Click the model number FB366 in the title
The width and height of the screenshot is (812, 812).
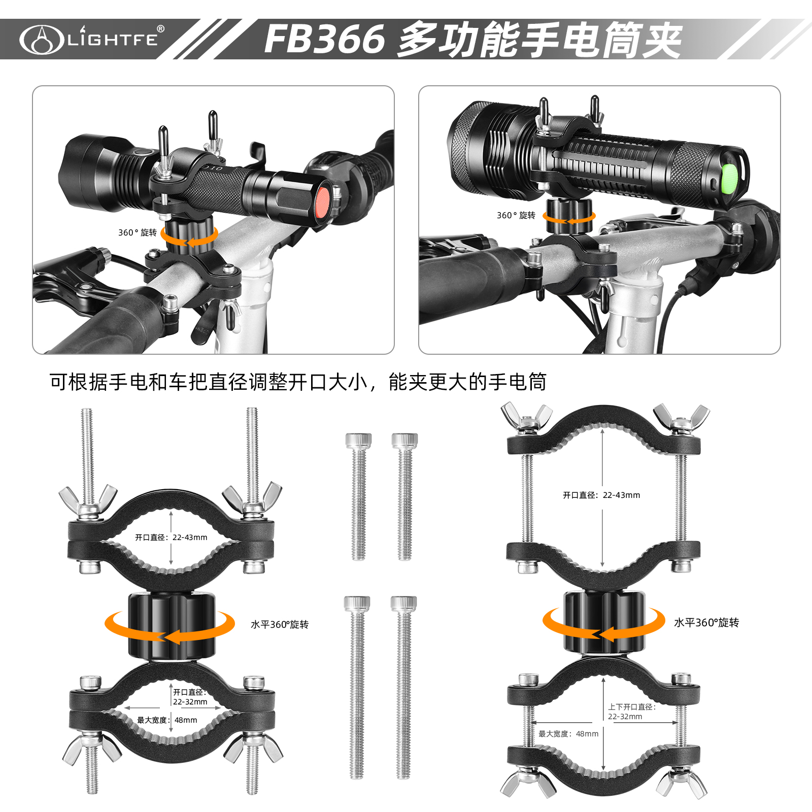click(325, 39)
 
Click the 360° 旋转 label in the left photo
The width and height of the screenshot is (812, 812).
click(138, 232)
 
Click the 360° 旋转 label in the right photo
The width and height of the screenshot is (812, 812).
click(516, 215)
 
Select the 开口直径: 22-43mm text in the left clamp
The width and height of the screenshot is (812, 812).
click(171, 537)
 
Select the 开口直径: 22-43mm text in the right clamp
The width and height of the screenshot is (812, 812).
click(601, 495)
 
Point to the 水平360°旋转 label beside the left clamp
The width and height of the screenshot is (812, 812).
click(280, 624)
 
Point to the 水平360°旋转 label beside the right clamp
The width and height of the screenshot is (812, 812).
click(706, 623)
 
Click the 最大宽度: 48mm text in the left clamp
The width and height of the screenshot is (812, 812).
click(167, 720)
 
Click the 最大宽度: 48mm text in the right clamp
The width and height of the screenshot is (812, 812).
click(568, 733)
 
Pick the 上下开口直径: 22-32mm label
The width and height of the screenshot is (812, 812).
click(632, 712)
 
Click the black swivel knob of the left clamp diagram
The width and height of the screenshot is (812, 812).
click(172, 625)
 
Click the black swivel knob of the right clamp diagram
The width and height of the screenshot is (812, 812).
click(604, 623)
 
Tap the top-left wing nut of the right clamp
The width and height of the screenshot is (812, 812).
click(526, 419)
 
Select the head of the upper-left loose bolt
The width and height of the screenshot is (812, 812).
click(358, 441)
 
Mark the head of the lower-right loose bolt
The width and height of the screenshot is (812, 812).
click(404, 603)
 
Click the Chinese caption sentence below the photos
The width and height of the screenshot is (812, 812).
click(298, 382)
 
